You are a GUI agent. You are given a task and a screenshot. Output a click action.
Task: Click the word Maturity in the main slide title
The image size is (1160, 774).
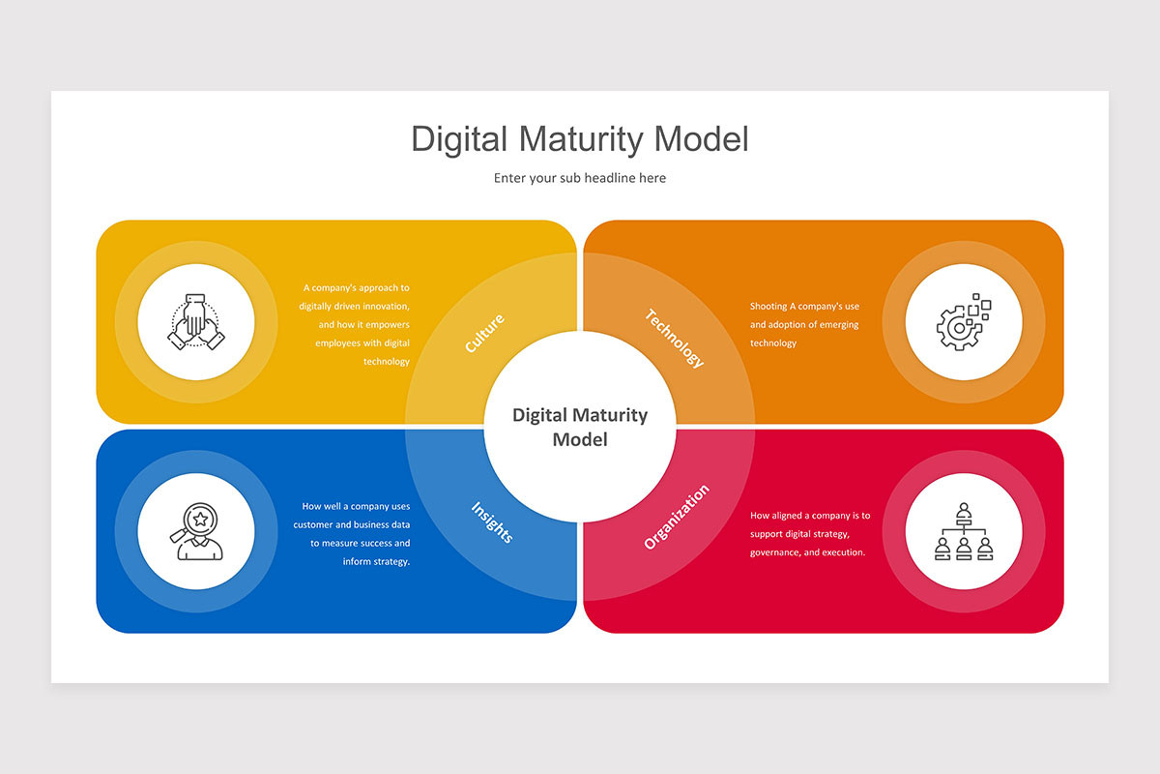click(581, 140)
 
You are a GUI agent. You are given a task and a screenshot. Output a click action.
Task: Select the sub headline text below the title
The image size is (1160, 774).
click(579, 178)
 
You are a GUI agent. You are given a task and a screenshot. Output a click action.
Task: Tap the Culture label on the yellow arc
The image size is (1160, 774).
click(484, 334)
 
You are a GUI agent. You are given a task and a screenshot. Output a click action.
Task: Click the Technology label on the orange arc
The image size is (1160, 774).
click(675, 338)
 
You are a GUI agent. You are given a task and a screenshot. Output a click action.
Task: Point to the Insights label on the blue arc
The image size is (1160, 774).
click(492, 522)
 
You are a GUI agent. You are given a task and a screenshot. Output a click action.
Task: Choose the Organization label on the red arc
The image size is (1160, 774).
click(677, 517)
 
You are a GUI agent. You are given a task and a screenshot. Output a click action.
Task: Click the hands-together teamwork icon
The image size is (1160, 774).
click(195, 322)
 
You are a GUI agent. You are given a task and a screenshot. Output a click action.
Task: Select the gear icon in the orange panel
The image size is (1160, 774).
click(963, 322)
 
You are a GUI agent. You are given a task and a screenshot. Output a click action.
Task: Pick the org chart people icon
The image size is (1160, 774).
click(964, 531)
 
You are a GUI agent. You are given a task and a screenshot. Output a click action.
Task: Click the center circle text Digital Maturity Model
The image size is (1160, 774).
click(579, 427)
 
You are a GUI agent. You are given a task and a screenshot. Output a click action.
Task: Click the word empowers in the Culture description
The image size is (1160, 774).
click(388, 325)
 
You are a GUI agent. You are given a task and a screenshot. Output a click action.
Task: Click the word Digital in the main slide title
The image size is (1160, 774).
click(459, 140)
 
